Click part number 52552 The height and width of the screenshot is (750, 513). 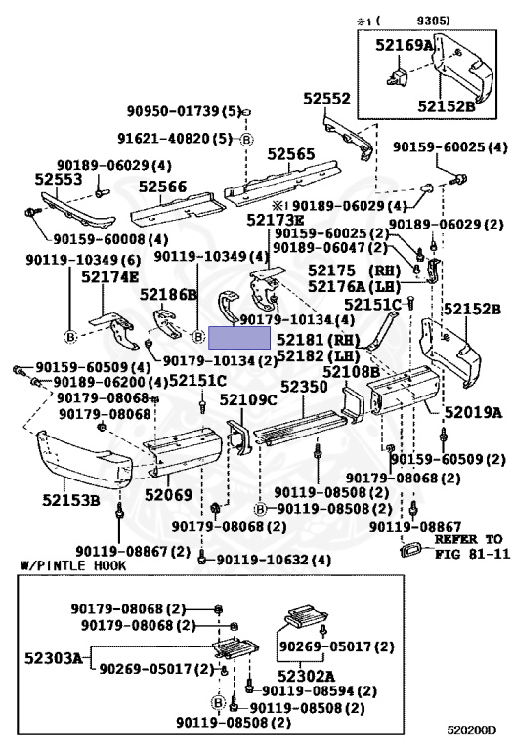point(326,99)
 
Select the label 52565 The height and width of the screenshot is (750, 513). point(291,154)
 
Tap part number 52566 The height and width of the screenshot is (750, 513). point(163,187)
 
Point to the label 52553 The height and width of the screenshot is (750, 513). point(59,179)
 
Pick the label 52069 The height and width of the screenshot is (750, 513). point(168,494)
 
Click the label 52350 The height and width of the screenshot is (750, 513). point(304,387)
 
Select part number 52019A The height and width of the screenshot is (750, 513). point(474,412)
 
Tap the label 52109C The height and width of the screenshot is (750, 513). point(248,399)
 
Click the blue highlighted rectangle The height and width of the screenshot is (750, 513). point(239,338)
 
